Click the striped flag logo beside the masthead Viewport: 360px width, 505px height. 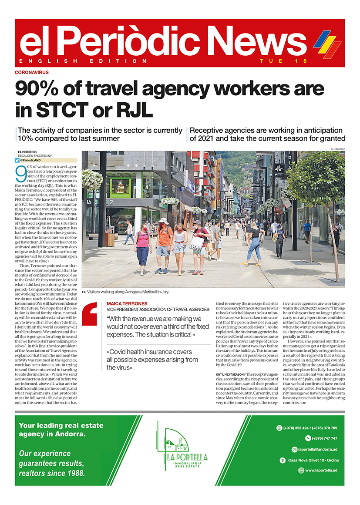coord(327,44)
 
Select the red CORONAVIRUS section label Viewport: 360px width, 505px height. coord(32,72)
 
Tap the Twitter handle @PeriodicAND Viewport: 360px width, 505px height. coord(31,161)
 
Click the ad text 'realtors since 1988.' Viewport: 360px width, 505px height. coord(52,473)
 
